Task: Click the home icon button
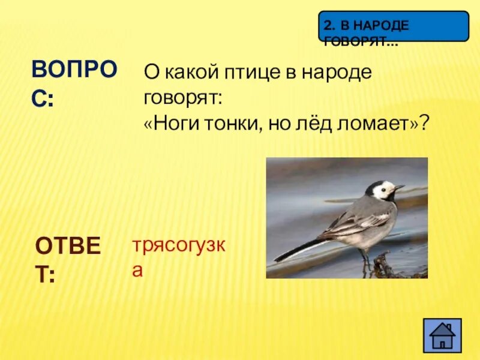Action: [x=442, y=335]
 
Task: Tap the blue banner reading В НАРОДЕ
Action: [x=393, y=26]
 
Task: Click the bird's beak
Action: [x=400, y=188]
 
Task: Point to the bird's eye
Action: [x=388, y=187]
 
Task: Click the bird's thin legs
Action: [x=365, y=259]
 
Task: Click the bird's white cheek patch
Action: [x=382, y=191]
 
